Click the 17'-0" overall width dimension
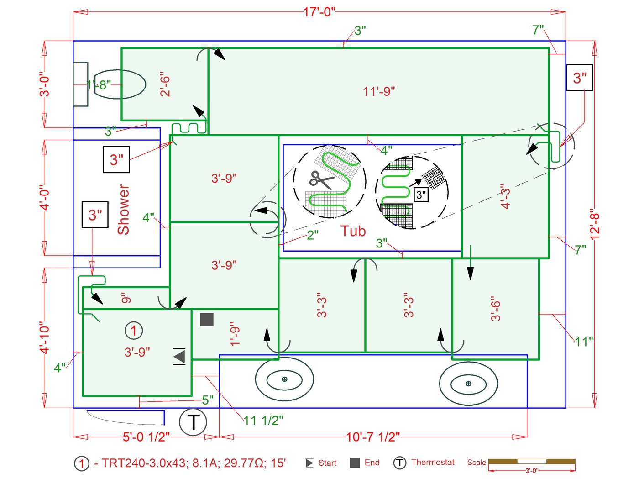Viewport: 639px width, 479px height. coord(319,12)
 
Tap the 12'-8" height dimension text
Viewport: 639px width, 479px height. coord(594,225)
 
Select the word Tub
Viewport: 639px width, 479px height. coord(353,231)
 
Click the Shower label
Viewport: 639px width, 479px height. coord(124,210)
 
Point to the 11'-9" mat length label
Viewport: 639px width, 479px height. coord(379,91)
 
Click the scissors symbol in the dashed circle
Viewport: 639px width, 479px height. coord(321,179)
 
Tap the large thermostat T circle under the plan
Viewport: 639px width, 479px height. coord(193,422)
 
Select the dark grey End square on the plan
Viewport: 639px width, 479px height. coord(207,320)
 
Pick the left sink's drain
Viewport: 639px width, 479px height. coord(284,379)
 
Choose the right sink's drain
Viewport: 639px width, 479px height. coord(468,384)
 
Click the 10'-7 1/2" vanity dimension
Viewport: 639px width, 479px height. coord(373,437)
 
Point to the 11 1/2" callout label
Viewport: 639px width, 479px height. coord(263,421)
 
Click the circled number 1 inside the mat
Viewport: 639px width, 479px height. coord(134,330)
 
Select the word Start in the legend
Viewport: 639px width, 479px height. coord(327,463)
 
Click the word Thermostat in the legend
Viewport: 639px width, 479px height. coord(433,462)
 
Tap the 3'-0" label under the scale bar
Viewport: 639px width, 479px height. coord(532,471)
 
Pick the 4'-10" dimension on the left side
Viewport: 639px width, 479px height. coord(44,337)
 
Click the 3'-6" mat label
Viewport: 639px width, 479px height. coord(496,311)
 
